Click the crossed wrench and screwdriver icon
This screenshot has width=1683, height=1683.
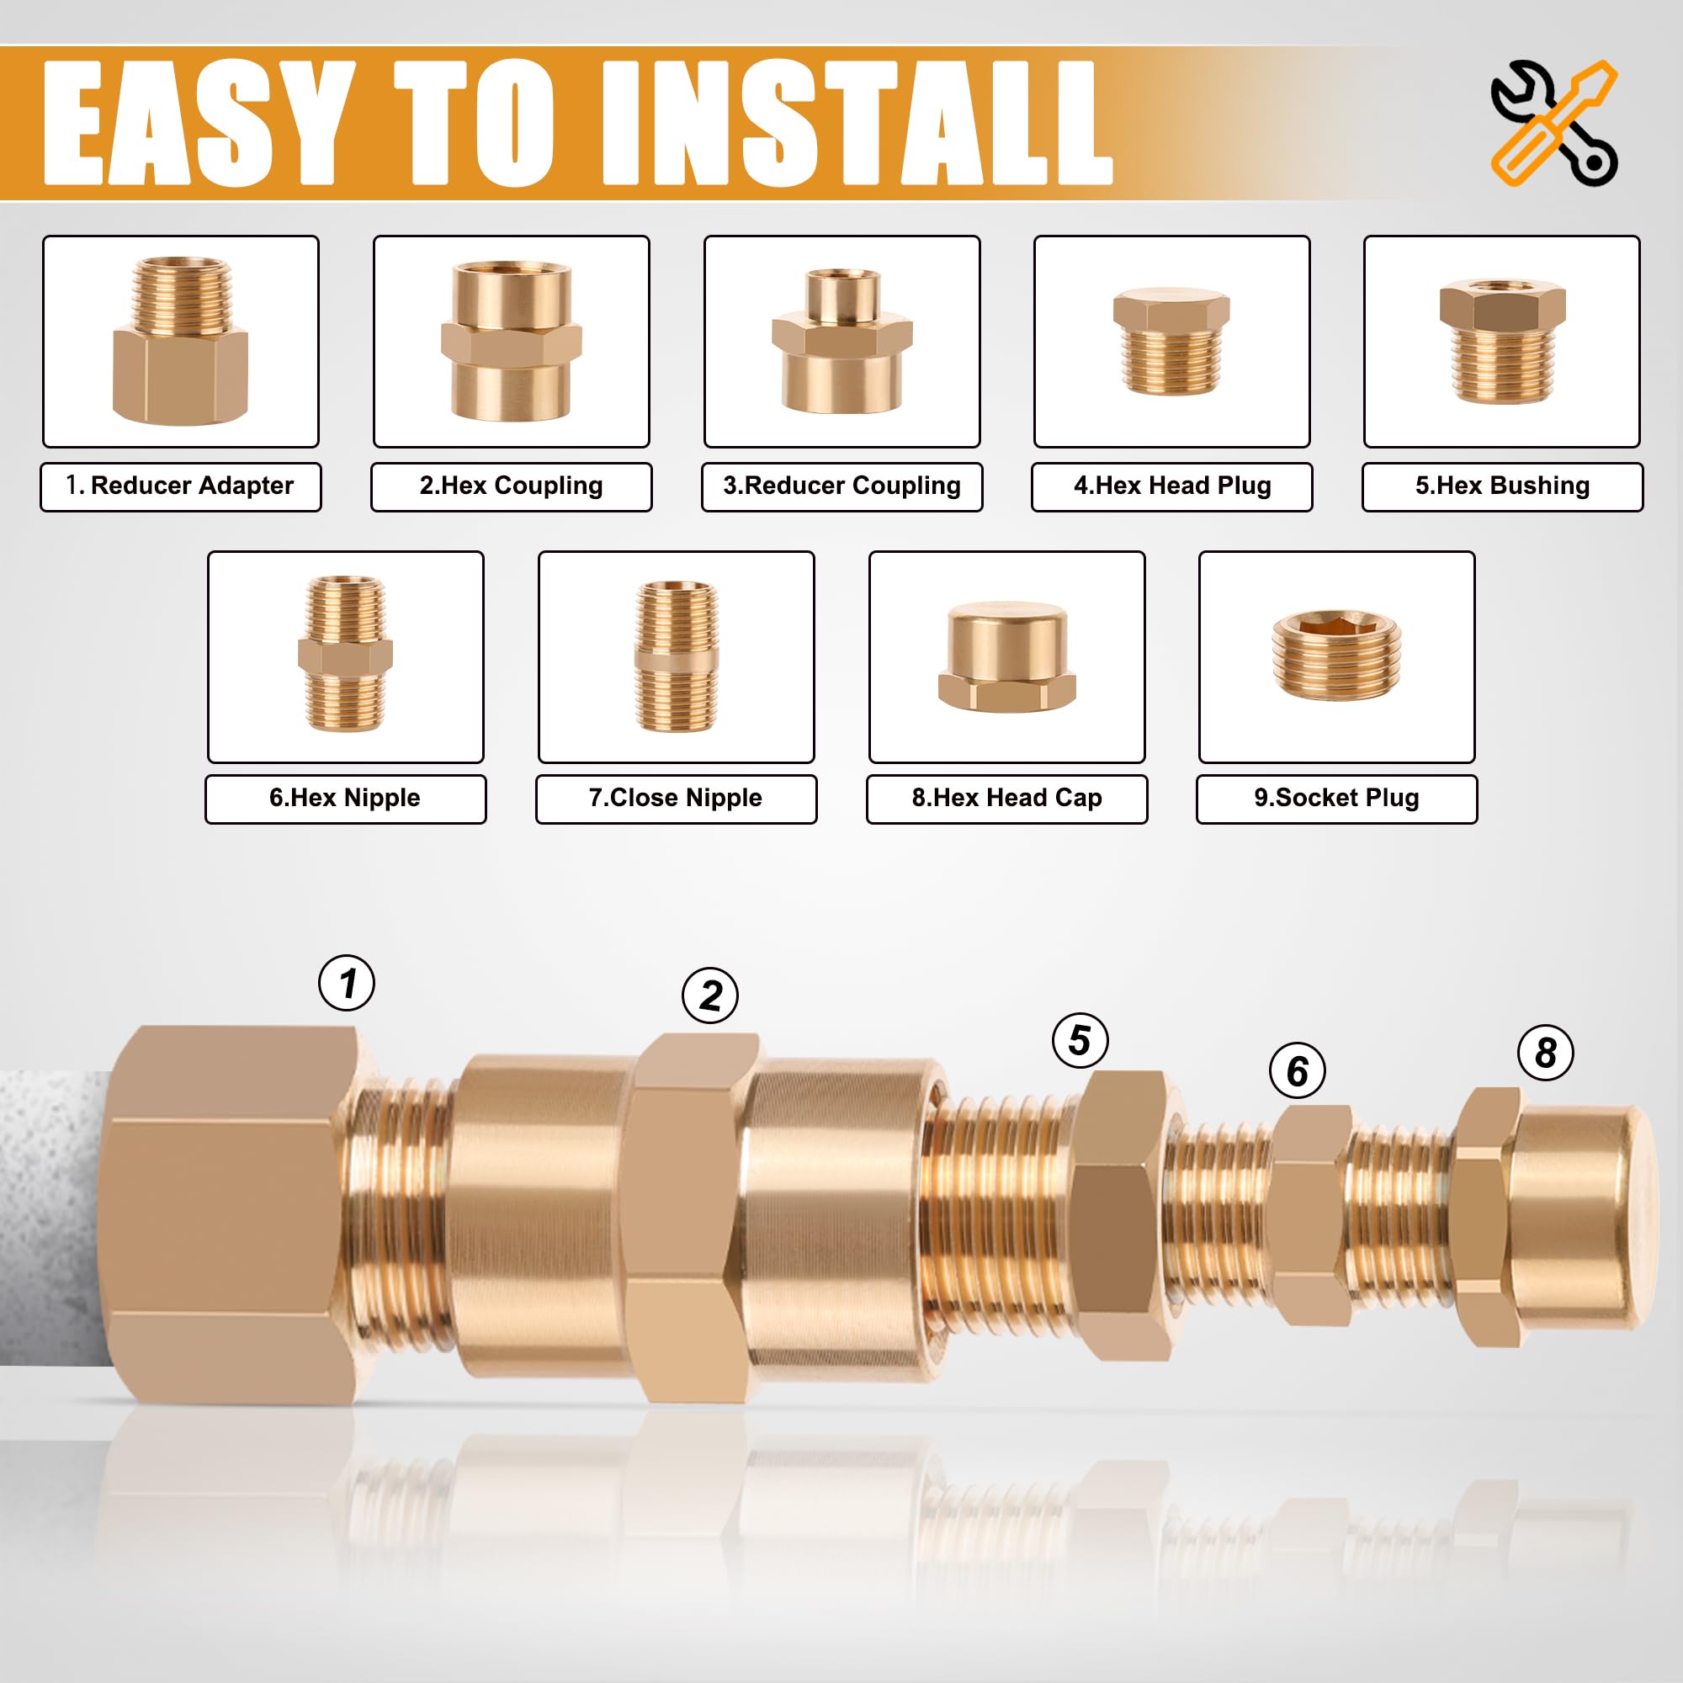pyautogui.click(x=1554, y=122)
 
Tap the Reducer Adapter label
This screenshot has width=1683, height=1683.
pyautogui.click(x=180, y=486)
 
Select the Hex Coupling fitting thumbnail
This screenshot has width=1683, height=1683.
pyautogui.click(x=512, y=341)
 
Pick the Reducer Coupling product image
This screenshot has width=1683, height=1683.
pyautogui.click(x=841, y=341)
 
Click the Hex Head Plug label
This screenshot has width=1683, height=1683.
pyautogui.click(x=1171, y=486)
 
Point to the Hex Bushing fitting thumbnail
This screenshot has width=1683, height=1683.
pyautogui.click(x=1502, y=341)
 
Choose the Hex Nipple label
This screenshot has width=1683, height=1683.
pyautogui.click(x=346, y=799)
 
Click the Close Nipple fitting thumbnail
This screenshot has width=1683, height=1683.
pyautogui.click(x=676, y=656)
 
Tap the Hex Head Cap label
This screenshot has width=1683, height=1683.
pyautogui.click(x=1007, y=799)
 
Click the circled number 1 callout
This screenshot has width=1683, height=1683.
pyautogui.click(x=347, y=983)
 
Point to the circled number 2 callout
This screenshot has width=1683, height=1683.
pyautogui.click(x=710, y=995)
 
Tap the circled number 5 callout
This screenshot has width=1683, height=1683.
pyautogui.click(x=1080, y=1039)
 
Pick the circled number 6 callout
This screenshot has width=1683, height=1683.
pyautogui.click(x=1297, y=1070)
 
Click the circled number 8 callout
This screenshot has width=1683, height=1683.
pyautogui.click(x=1545, y=1053)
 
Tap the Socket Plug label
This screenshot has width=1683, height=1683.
pyautogui.click(x=1337, y=799)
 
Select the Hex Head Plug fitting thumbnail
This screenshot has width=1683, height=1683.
pyautogui.click(x=1171, y=341)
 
